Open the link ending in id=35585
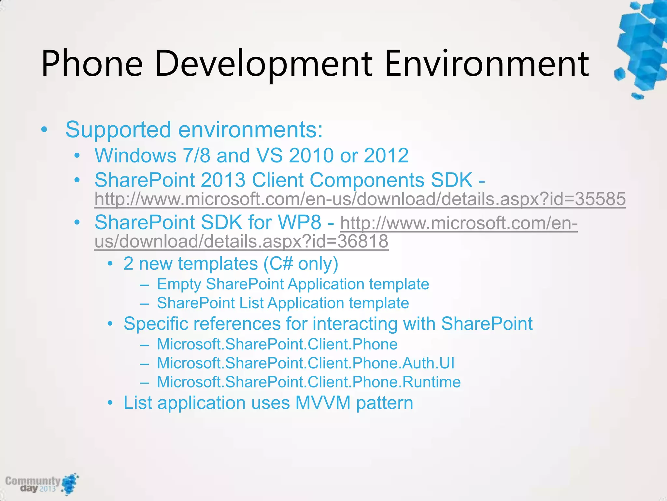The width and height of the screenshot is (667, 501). pos(360,199)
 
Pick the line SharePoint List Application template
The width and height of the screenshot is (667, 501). pos(283,303)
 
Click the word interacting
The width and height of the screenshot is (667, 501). pos(355,324)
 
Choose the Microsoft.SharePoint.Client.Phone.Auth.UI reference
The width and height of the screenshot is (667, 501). pos(305,363)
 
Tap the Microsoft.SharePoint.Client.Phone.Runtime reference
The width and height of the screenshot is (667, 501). pos(309,382)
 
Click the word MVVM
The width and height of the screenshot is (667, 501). pos(323,403)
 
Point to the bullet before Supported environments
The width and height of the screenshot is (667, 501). pos(44,130)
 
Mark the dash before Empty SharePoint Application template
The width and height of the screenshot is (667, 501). pos(144,285)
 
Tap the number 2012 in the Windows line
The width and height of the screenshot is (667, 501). pos(386,155)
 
